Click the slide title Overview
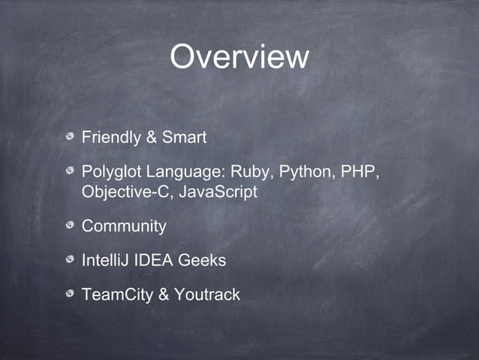pos(239,57)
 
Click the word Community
pos(123,226)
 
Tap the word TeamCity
pos(116,294)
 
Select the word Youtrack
pos(206,294)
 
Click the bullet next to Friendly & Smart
pos(70,138)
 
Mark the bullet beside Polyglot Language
pos(70,172)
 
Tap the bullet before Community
pos(70,226)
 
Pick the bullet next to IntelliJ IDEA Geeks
pos(70,260)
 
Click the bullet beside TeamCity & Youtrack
pos(70,294)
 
